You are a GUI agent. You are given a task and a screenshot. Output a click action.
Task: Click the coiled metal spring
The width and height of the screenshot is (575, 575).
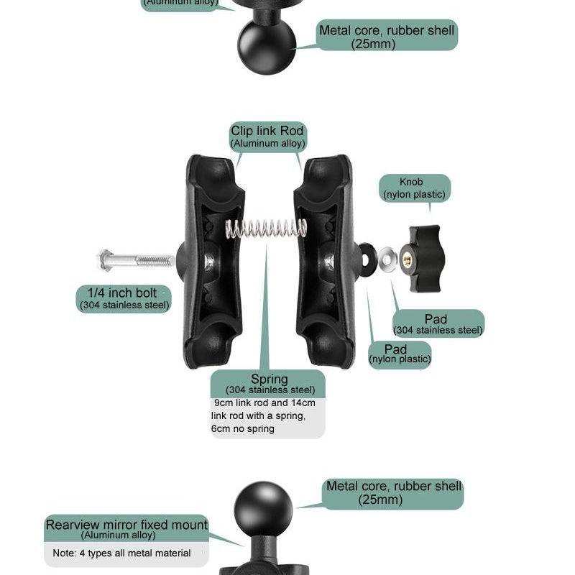pos(266,229)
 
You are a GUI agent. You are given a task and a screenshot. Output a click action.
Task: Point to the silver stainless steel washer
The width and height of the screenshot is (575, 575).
pos(389,257)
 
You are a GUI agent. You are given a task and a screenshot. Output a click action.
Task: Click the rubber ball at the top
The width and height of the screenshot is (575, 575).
pos(264,45)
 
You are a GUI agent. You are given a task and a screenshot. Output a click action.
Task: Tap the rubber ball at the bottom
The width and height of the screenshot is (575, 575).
pos(264,507)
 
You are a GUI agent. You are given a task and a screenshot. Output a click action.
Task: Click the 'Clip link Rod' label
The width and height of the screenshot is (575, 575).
pos(267,136)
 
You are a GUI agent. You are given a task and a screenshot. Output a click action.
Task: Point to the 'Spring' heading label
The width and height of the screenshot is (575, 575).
pos(270,379)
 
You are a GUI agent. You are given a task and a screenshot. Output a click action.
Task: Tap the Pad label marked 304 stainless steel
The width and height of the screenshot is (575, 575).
pos(438,323)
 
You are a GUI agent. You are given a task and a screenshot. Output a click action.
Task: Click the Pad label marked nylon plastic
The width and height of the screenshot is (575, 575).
pos(399,354)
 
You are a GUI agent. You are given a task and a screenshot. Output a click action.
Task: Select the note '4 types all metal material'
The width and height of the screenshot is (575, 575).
pos(121,553)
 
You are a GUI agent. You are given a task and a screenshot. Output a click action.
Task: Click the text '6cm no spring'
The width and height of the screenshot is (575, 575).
pos(242,429)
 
